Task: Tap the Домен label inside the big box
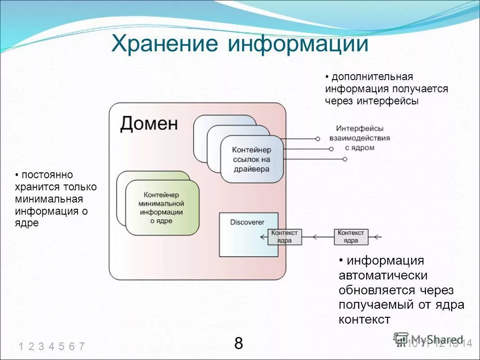[x=149, y=123]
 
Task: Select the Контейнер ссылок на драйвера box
[x=252, y=159]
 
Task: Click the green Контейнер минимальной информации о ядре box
[x=162, y=208]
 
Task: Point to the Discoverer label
[x=247, y=222]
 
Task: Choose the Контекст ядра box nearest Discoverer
[x=285, y=237]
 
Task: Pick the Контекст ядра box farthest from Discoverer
[x=351, y=237]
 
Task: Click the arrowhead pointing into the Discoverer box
[x=263, y=237]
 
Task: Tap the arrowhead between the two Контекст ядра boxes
[x=316, y=237]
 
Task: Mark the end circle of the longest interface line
[x=345, y=159]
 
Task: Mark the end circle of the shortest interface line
[x=318, y=139]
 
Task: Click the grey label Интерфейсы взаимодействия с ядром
[x=359, y=138]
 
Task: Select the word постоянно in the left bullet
[x=44, y=175]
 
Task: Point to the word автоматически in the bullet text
[x=383, y=275]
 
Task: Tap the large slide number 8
[x=239, y=343]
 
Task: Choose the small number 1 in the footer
[x=21, y=346]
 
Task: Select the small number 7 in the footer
[x=82, y=346]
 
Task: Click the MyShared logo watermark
[x=428, y=340]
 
